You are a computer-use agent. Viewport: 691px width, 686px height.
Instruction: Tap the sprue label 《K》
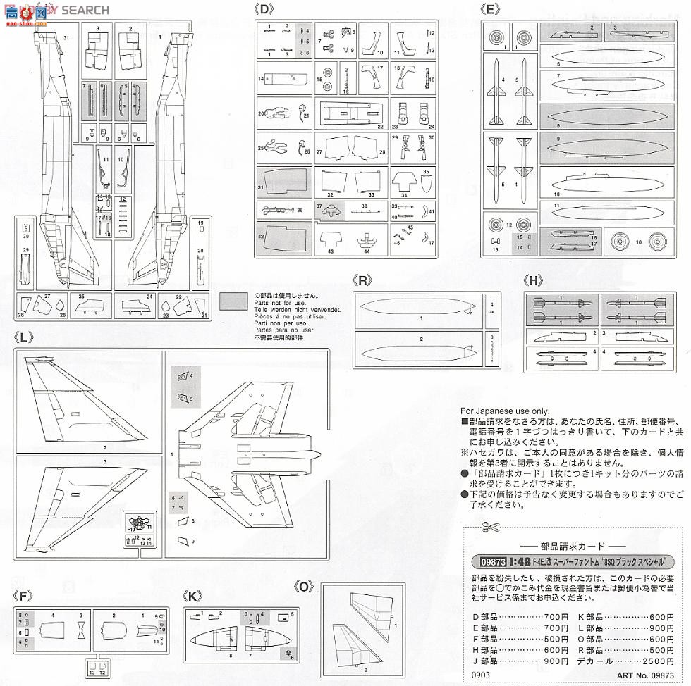(192, 595)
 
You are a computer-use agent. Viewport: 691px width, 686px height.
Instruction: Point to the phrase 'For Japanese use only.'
(504, 411)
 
